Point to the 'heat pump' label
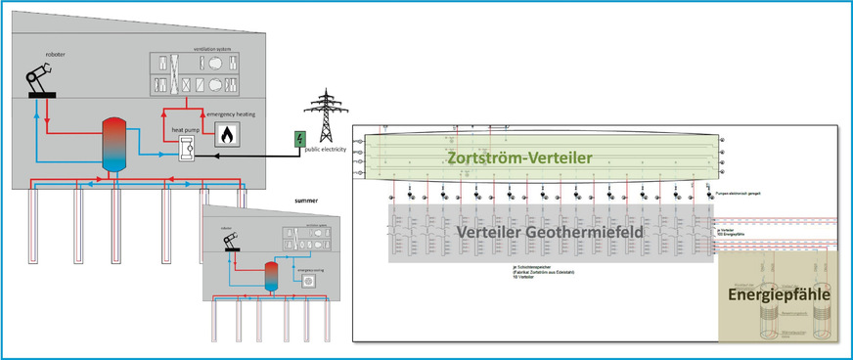tap(186, 130)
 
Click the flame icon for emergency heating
tap(229, 134)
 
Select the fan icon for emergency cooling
tap(310, 280)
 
